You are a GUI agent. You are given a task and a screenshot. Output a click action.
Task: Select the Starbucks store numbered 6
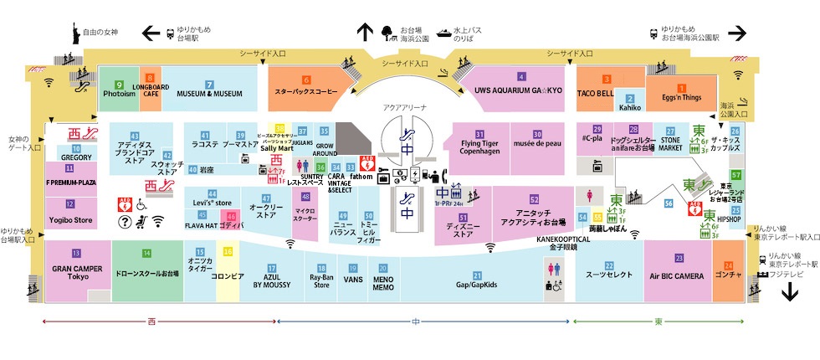tap(306, 92)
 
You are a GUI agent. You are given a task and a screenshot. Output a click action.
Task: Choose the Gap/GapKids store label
tap(477, 285)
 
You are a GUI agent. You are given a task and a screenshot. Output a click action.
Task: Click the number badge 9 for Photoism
tap(119, 85)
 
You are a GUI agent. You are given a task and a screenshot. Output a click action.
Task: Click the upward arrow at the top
tap(365, 32)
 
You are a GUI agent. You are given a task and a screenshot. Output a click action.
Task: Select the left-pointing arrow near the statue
tap(151, 33)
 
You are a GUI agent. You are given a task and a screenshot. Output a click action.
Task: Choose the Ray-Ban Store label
tap(321, 281)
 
